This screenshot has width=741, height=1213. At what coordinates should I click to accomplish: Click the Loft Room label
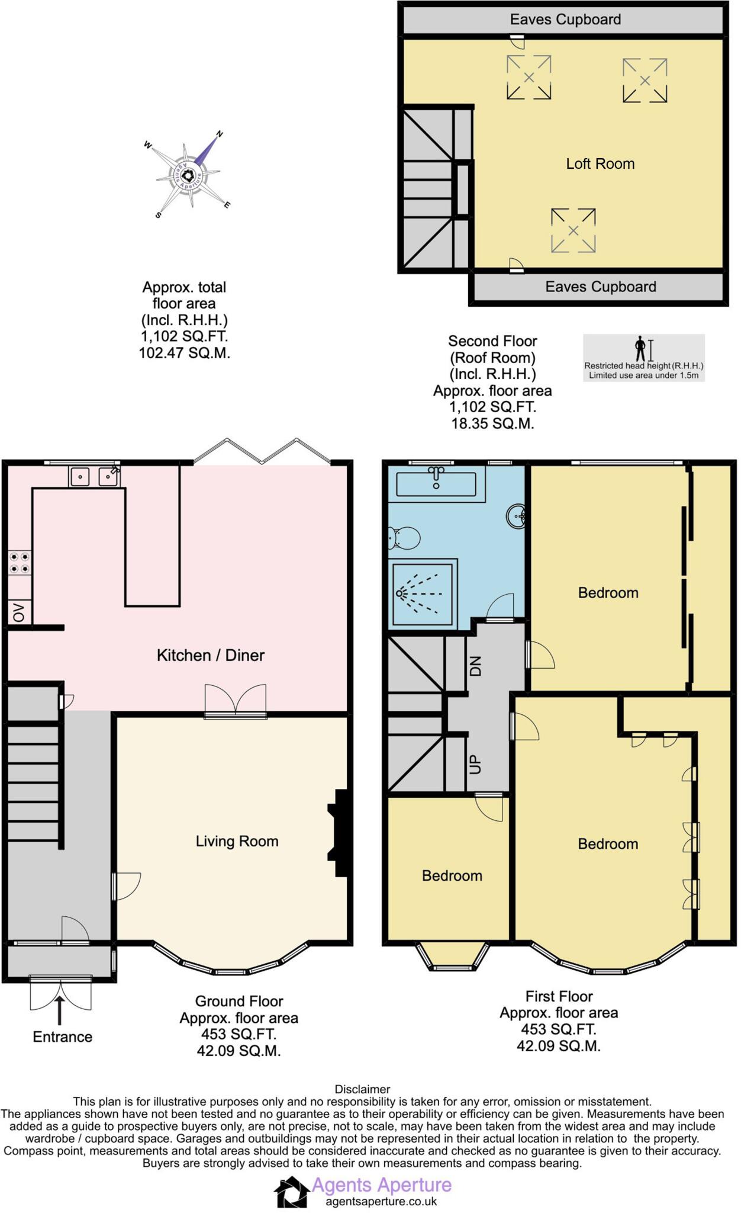[x=600, y=164]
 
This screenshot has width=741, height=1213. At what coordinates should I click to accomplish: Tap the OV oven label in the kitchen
[x=19, y=612]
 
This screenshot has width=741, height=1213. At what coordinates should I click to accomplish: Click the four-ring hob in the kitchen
[x=19, y=563]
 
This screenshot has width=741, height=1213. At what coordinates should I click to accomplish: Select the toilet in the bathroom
[x=405, y=538]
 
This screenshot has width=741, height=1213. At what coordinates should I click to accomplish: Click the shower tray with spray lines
[x=423, y=593]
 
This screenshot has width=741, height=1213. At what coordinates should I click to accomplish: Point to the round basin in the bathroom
[x=517, y=516]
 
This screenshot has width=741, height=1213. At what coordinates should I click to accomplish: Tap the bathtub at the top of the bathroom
[x=436, y=483]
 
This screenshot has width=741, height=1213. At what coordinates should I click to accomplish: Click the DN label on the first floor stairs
[x=476, y=666]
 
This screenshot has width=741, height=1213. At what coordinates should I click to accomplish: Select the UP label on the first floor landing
[x=475, y=764]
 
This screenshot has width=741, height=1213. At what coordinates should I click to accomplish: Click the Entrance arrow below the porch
[x=60, y=1010]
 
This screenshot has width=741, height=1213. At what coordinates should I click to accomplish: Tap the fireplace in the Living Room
[x=340, y=832]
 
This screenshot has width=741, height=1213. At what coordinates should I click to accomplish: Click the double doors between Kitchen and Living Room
[x=236, y=701]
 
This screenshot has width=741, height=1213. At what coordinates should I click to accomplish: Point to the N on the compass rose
[x=220, y=134]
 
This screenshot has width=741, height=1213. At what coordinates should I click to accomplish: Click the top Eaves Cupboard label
[x=565, y=20]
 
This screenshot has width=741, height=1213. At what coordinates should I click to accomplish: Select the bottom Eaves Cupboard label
[x=600, y=287]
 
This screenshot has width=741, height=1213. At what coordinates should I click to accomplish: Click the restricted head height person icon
[x=640, y=348]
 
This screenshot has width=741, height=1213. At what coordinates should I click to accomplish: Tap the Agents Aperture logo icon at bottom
[x=292, y=1192]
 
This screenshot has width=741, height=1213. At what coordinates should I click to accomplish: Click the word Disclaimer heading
[x=362, y=1089]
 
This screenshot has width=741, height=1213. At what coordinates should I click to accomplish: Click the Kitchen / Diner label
[x=210, y=655]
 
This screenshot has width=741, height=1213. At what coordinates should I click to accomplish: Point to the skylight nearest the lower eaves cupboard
[x=573, y=230]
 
